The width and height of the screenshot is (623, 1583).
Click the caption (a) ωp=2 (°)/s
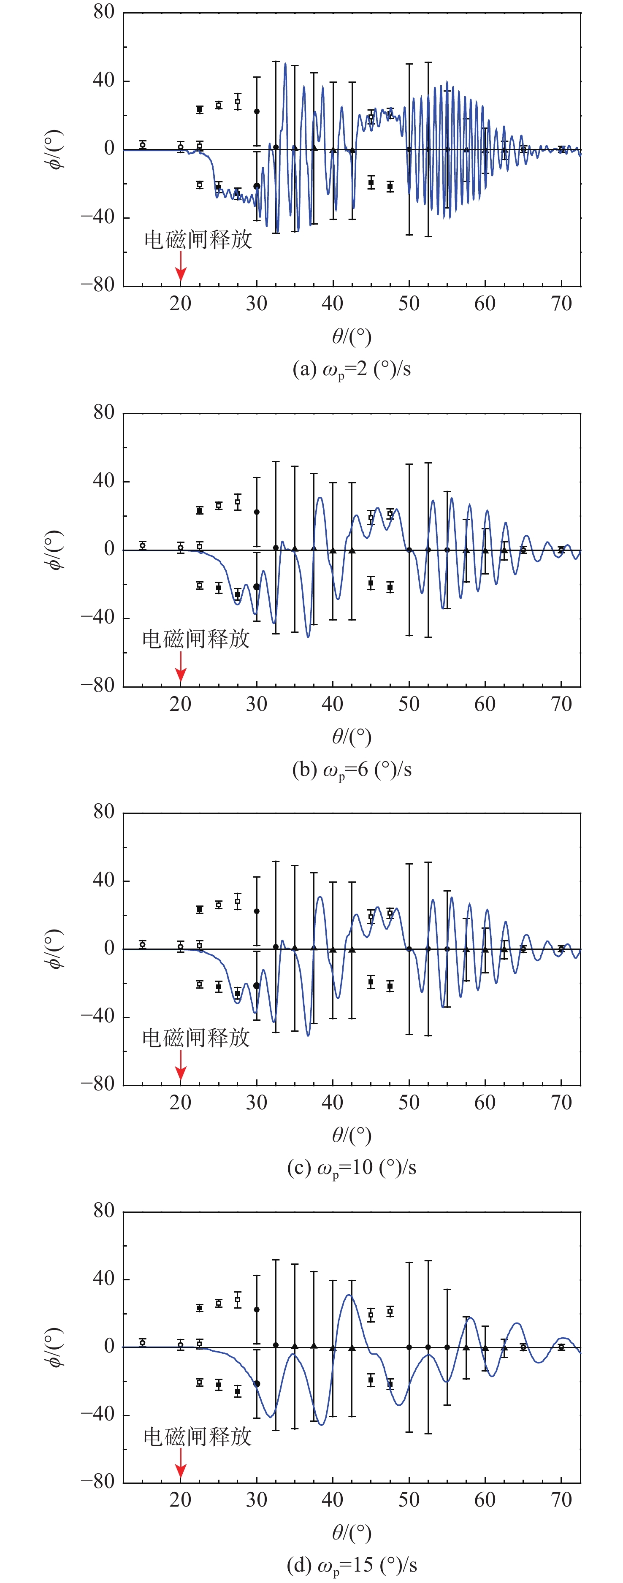352,369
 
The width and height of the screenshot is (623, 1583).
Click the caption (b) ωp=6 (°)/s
352,770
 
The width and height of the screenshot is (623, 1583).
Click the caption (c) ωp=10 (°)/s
352,1168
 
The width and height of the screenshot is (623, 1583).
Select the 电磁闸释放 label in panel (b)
196,639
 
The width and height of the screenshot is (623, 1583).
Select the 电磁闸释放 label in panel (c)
196,1038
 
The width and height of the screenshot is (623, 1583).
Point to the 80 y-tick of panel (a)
104,12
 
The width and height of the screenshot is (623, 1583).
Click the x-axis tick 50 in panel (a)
409,303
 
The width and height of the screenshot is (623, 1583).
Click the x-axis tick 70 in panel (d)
561,1500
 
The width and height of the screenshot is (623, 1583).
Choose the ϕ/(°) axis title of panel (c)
55,949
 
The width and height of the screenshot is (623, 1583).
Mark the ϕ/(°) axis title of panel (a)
55,149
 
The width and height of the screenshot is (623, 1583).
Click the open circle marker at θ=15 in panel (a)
143,145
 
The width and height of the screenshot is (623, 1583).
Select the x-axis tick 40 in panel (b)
332,704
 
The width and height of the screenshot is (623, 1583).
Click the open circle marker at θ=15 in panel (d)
143,1343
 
